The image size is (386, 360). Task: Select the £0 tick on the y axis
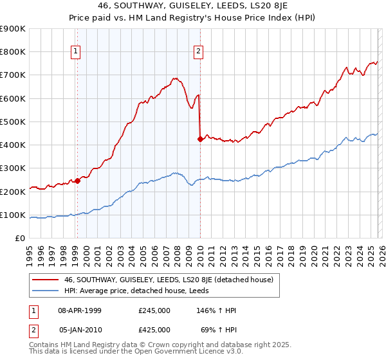pyautogui.click(x=21, y=239)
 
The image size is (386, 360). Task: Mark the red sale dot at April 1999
pyautogui.click(x=78, y=181)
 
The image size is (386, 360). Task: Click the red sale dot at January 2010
pyautogui.click(x=200, y=138)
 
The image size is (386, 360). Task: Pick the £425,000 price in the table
pyautogui.click(x=154, y=330)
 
